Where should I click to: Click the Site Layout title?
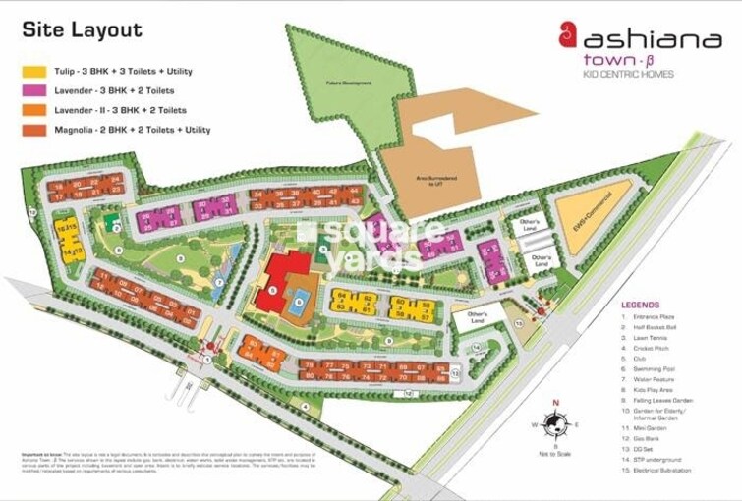(x=82, y=29)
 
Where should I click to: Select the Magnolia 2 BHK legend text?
(x=133, y=130)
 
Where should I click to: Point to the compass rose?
(x=555, y=424)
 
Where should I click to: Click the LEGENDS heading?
(x=640, y=305)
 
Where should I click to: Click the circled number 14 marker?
(x=476, y=348)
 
